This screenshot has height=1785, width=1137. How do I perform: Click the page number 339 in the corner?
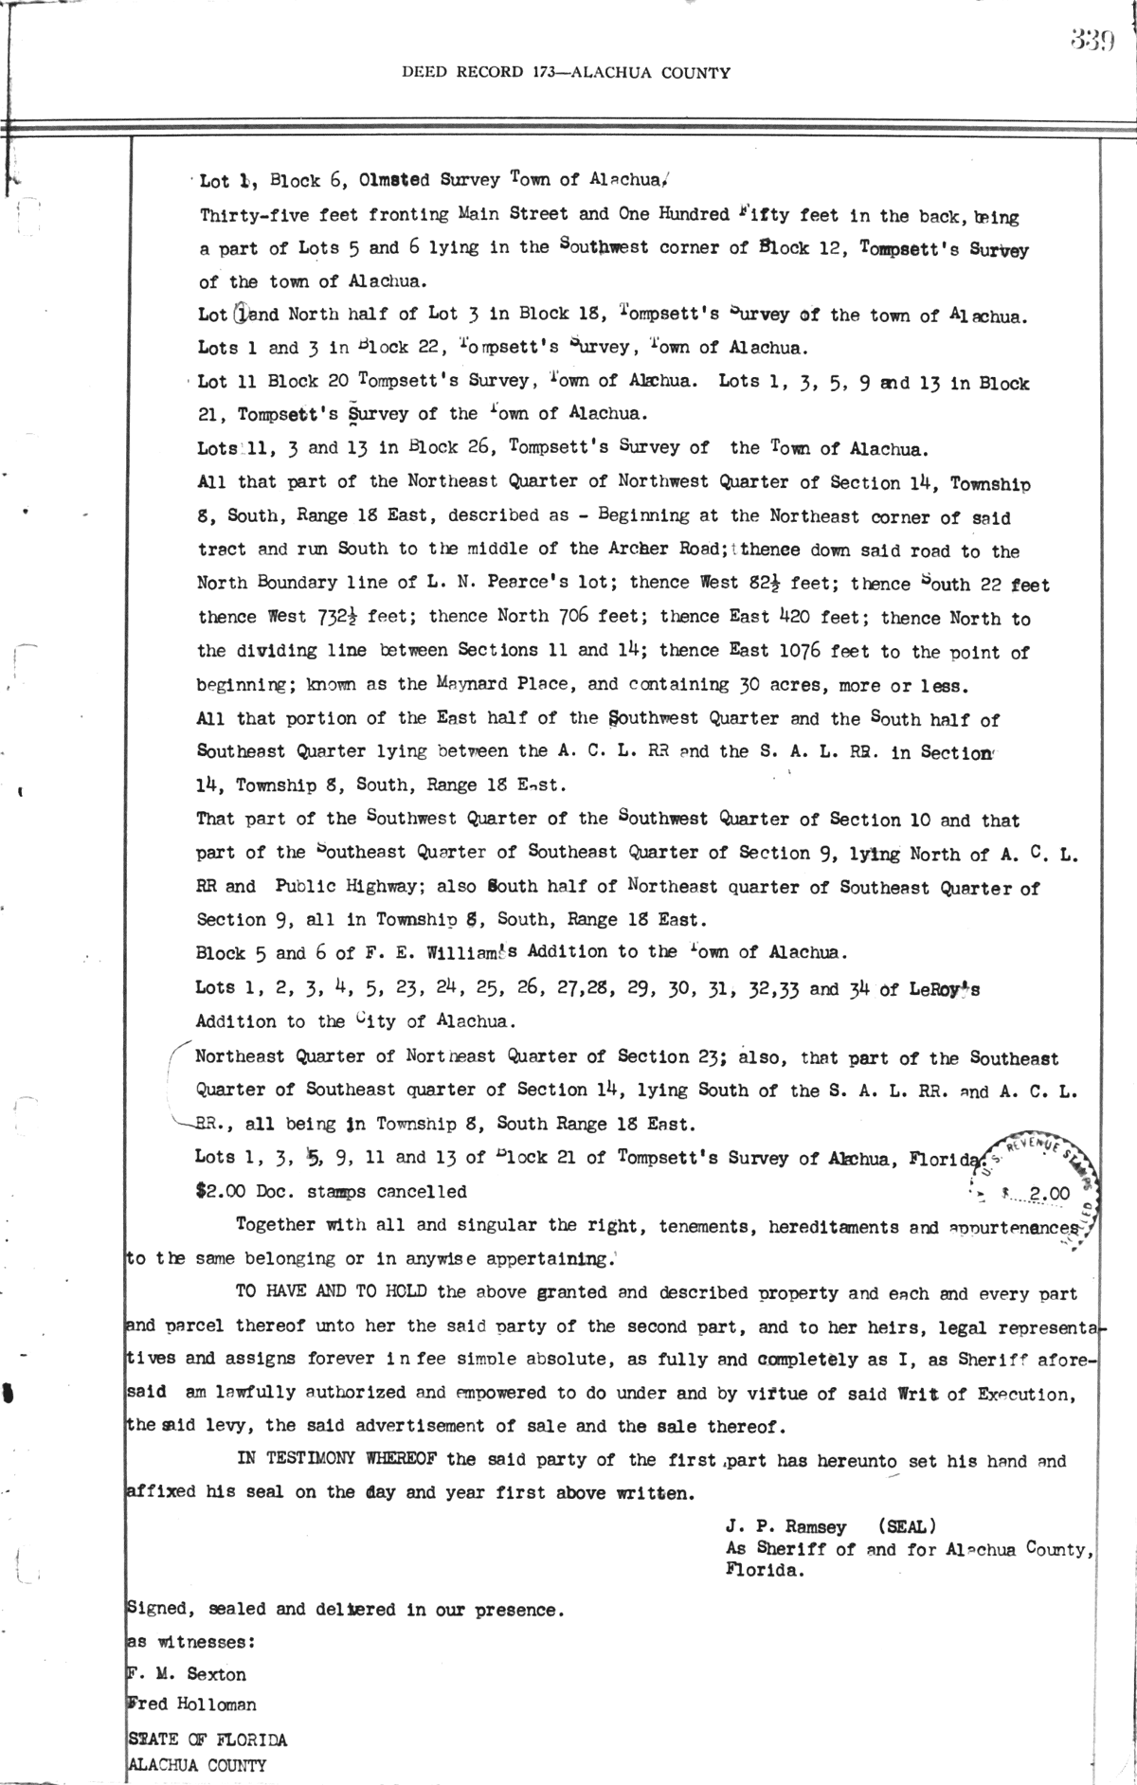point(1092,40)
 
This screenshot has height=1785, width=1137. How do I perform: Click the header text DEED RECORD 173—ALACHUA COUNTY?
point(566,72)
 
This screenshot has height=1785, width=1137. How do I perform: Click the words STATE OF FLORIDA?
point(207,1740)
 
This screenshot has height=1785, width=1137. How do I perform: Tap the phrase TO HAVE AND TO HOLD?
point(335,1292)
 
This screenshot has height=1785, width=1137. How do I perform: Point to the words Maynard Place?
point(489,684)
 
